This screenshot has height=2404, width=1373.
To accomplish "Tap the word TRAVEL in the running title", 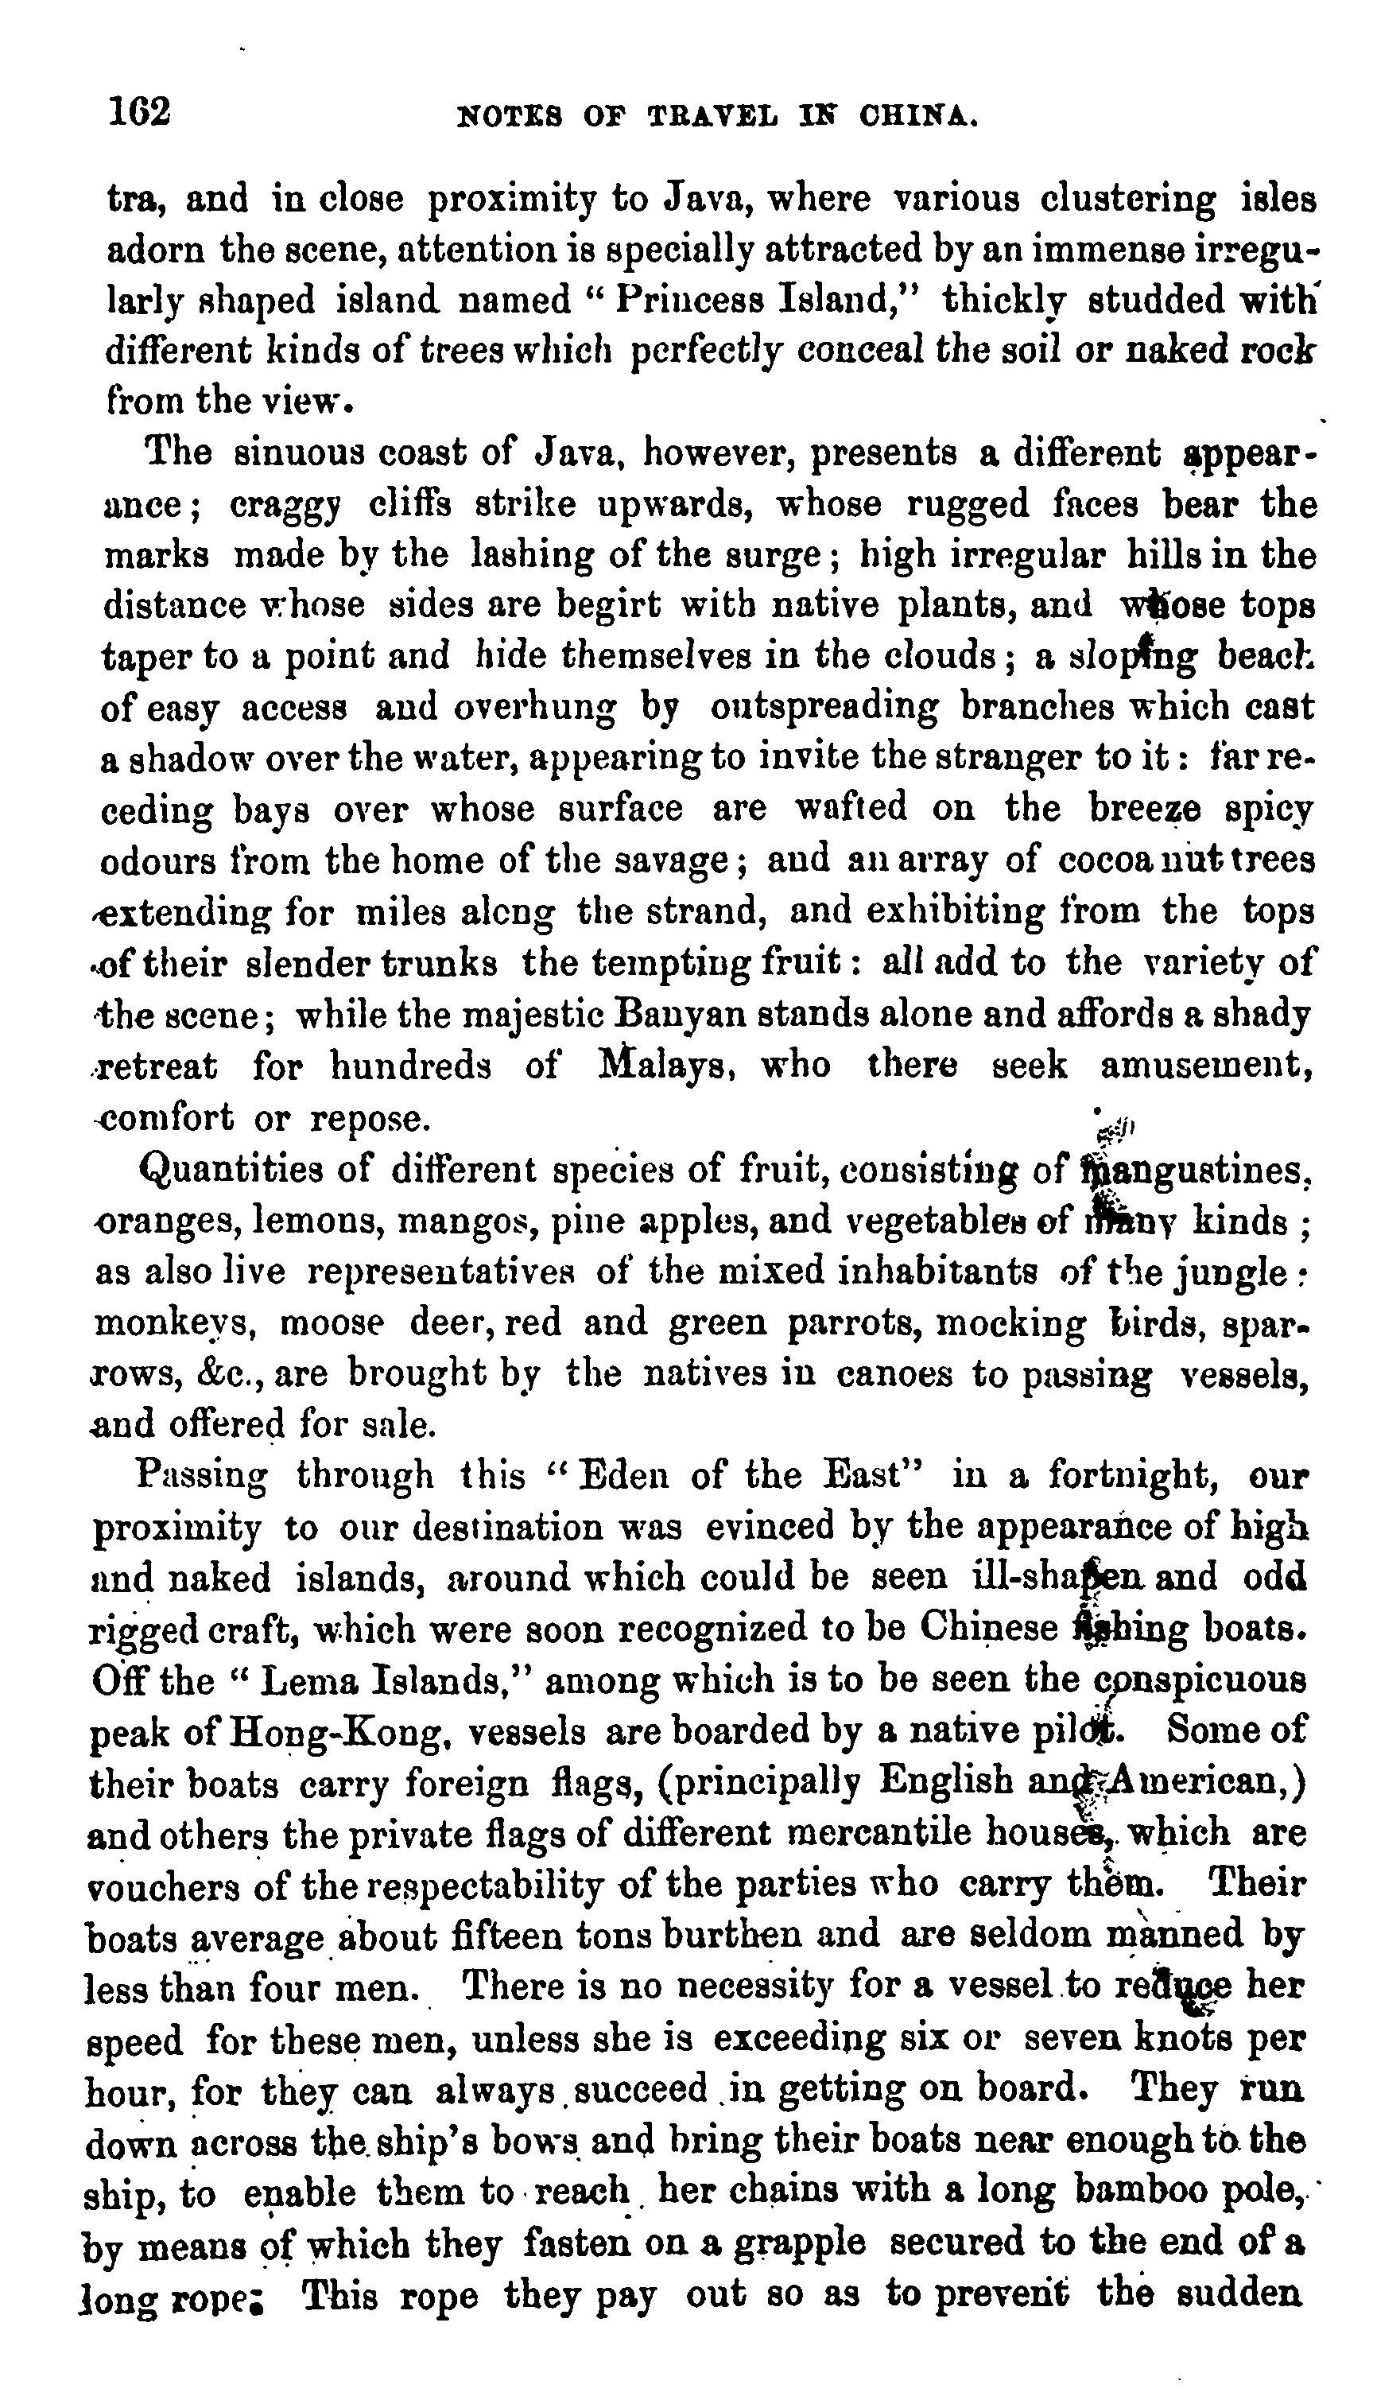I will pos(714,117).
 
